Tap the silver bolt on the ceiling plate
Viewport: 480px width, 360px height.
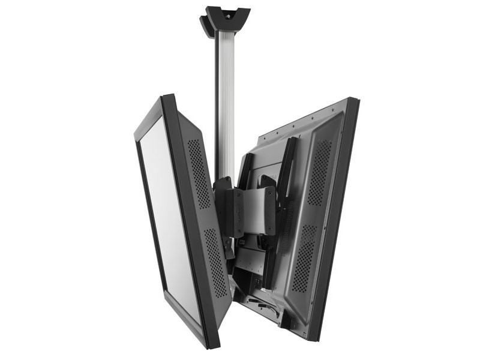[227, 11]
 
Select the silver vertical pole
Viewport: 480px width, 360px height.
[225, 102]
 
